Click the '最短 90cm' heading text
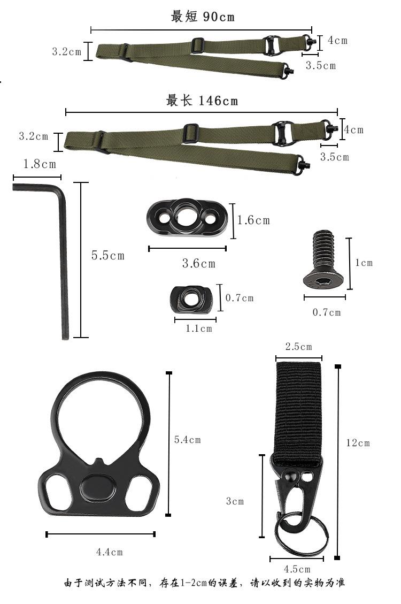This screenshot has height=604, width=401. point(203,17)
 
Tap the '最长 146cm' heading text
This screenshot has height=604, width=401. point(202,101)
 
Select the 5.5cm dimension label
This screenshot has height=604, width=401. point(108,255)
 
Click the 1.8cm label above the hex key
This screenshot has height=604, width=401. point(39,164)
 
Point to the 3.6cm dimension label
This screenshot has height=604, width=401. point(198,263)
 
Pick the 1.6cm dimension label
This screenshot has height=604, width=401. point(253,220)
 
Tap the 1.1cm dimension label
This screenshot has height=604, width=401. point(198,328)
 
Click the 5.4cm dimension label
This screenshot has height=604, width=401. point(188,440)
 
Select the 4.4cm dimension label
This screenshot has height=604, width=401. point(109,552)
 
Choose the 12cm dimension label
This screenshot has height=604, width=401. point(358,443)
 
